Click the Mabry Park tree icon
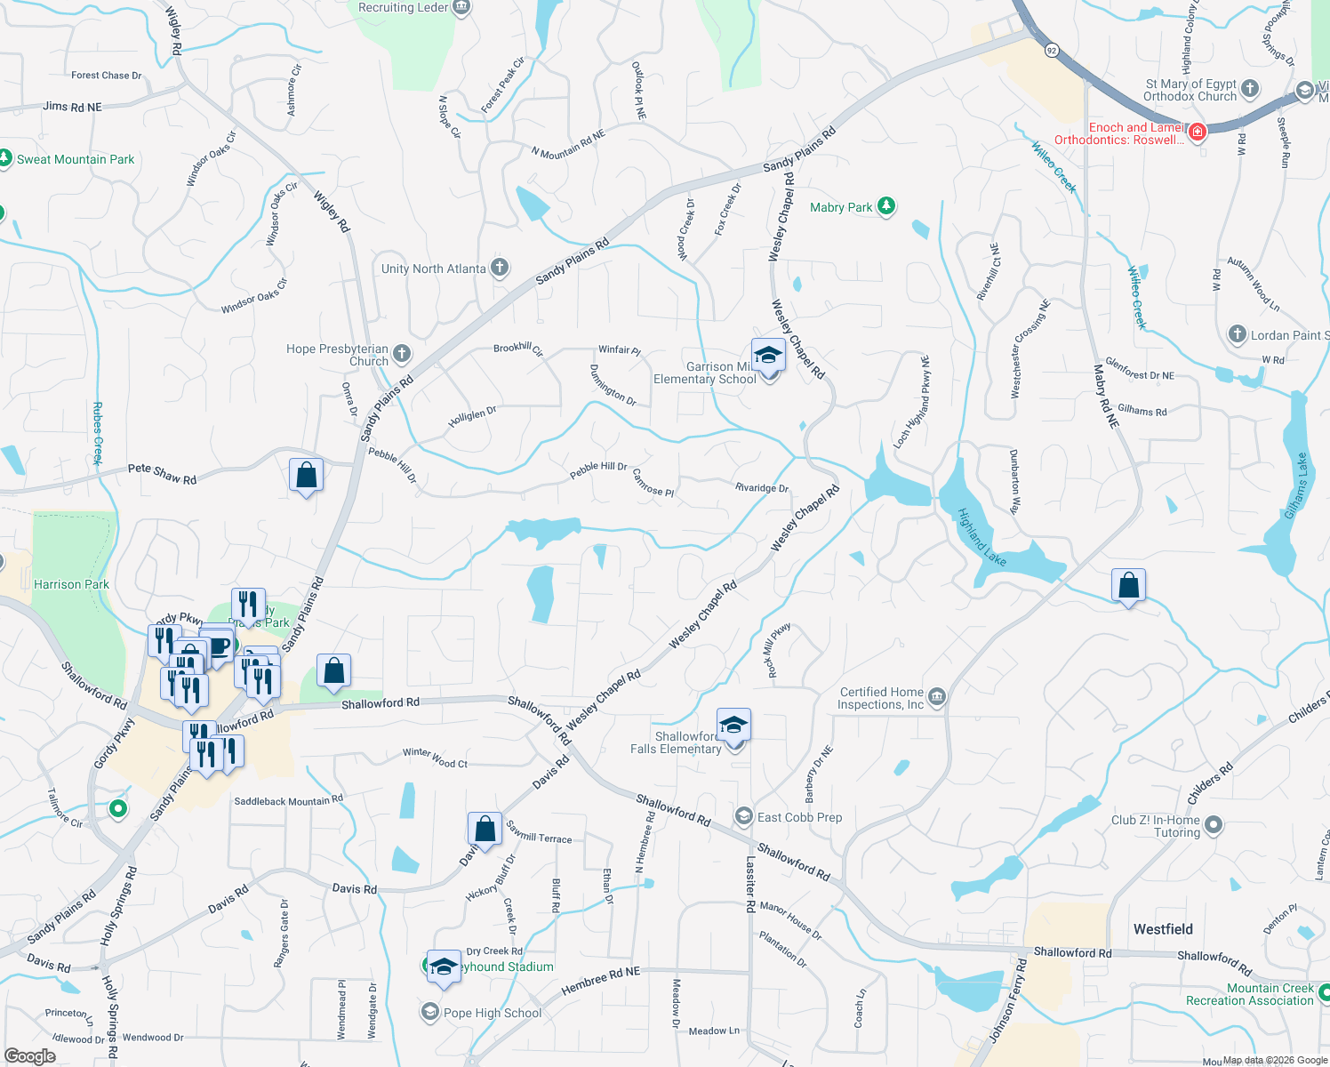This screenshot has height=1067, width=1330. (x=885, y=206)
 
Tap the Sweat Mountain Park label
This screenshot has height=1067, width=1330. (x=76, y=160)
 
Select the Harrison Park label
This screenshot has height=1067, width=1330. (x=71, y=584)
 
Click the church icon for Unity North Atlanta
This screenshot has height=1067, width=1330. (x=500, y=268)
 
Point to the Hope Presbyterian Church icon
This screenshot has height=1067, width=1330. (x=402, y=354)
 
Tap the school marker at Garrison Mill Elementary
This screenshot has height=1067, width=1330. (x=768, y=357)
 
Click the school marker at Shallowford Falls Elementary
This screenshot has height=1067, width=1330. (x=733, y=726)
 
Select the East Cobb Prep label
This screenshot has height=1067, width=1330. (x=799, y=817)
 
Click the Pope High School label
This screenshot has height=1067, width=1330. (x=493, y=1013)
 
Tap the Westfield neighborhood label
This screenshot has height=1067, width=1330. (x=1163, y=929)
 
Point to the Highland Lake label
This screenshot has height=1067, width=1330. (x=982, y=537)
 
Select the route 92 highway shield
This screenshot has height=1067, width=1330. (x=1052, y=50)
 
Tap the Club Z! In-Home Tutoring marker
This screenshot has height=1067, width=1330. (x=1214, y=825)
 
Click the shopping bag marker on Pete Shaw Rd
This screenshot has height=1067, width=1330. (x=306, y=476)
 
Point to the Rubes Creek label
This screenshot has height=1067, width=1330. (x=98, y=433)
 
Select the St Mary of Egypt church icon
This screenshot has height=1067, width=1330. (x=1250, y=88)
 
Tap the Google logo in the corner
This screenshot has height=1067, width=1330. (x=30, y=1055)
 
